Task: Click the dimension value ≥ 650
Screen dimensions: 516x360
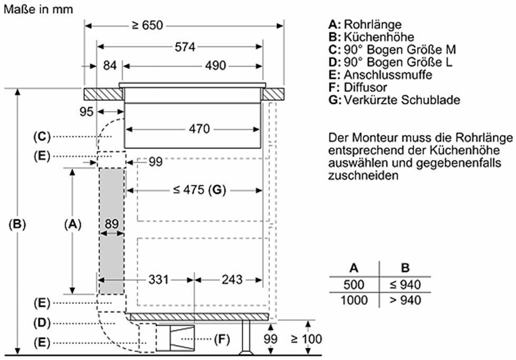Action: coord(147,25)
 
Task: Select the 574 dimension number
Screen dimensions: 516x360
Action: coord(185,47)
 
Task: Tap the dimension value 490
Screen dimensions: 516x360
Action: coord(216,65)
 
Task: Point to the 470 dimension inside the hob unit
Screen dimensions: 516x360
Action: coord(199,129)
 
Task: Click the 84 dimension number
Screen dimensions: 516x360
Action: coord(110,65)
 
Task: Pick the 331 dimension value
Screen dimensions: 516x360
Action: coord(158,280)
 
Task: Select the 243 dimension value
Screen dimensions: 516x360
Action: coord(232,280)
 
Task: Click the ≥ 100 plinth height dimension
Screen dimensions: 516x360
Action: coord(307,338)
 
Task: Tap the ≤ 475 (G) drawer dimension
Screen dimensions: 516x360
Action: coord(199,190)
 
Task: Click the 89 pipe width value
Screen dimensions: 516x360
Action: coord(111,224)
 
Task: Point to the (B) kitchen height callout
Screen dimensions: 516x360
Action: coord(17,224)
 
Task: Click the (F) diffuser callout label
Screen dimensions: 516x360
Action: coord(222,339)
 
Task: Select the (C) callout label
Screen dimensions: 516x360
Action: coord(42,136)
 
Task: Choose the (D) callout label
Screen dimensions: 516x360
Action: coord(42,323)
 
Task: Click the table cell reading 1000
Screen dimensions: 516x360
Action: coord(354,300)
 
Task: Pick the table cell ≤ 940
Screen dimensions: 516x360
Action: coord(405,285)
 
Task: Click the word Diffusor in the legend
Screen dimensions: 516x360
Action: coord(365,87)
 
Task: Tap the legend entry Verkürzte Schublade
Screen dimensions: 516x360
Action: coord(402,100)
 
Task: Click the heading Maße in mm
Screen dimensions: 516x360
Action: coord(38,9)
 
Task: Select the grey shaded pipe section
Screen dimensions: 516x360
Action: coord(111,231)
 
